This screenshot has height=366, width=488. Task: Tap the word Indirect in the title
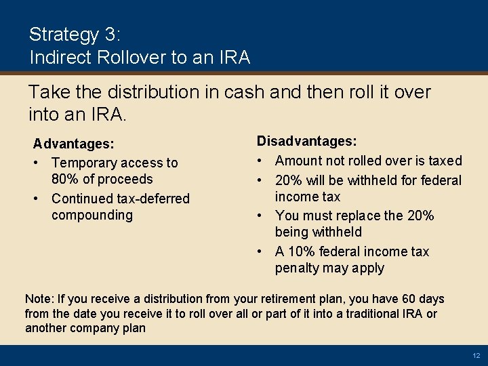click(56, 58)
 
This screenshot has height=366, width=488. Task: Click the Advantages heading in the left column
click(74, 144)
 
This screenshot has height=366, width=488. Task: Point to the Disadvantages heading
click(306, 142)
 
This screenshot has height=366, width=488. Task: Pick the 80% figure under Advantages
click(64, 180)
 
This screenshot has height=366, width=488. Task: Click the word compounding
click(92, 215)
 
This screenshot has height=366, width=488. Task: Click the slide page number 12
click(476, 356)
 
